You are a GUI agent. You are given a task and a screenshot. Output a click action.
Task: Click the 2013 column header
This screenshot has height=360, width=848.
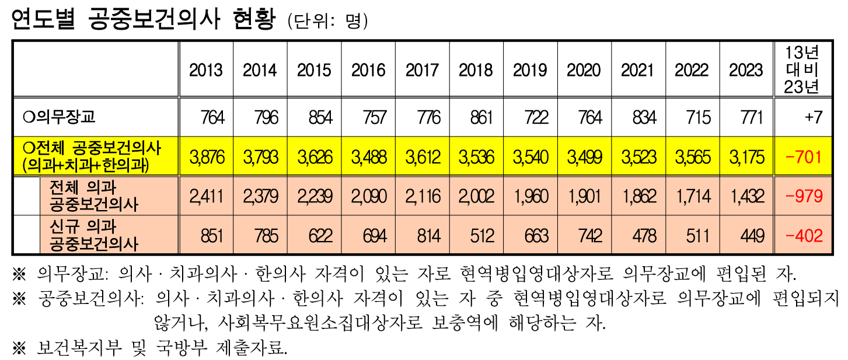click(x=206, y=71)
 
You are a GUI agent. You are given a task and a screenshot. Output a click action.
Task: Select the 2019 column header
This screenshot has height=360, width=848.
click(x=530, y=71)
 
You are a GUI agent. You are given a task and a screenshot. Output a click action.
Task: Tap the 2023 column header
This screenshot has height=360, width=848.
click(x=746, y=71)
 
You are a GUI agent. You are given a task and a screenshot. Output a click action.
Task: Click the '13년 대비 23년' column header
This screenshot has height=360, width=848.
click(x=802, y=70)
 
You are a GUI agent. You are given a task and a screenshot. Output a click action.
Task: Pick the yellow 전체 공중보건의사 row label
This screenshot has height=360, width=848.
click(x=90, y=157)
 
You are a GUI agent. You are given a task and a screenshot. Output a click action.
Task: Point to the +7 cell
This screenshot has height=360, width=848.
click(x=812, y=117)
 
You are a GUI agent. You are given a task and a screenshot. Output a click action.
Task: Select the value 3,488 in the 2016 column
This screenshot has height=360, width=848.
click(x=369, y=157)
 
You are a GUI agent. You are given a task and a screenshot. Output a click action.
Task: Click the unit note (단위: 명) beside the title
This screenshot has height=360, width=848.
click(x=327, y=21)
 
